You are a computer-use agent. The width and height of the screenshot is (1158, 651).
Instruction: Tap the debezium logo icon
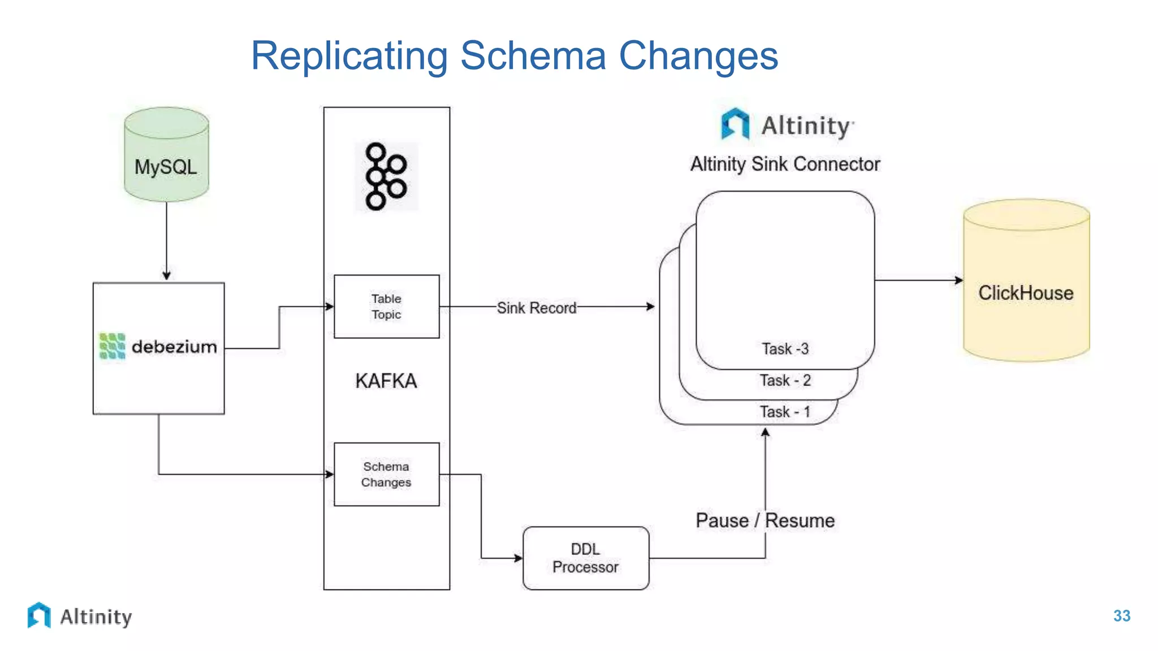coord(112,346)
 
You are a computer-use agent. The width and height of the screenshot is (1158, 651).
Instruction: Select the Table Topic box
coord(386,306)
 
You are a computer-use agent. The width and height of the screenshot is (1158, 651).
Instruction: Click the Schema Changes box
coord(386,474)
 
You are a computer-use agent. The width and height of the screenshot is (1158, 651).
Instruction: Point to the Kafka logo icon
coord(386,176)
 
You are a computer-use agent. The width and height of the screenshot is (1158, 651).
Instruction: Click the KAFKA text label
coord(386,381)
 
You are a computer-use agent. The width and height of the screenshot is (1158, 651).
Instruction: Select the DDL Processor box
coord(586,558)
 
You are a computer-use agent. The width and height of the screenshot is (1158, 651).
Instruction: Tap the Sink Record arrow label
coord(536,308)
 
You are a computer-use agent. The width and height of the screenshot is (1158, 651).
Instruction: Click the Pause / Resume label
coord(764,520)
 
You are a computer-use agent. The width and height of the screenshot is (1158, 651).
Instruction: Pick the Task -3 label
coord(785,349)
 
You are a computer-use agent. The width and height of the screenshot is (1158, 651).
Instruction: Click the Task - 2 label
coord(785,380)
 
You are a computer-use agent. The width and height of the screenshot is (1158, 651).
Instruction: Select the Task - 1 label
coord(785,412)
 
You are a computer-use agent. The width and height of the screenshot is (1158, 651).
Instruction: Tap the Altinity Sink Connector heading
coord(785,164)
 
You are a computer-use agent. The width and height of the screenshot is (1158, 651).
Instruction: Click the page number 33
coord(1121,616)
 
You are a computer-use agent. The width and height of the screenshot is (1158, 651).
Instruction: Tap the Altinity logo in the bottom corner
coord(79,616)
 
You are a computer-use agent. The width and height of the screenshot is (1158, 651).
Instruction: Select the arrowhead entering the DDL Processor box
coord(518,558)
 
